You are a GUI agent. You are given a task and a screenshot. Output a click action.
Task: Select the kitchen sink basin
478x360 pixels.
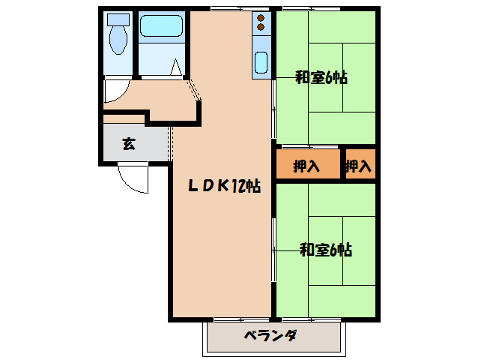click(x=261, y=61)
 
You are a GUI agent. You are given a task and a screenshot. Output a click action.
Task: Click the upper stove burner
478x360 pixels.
click(x=261, y=18)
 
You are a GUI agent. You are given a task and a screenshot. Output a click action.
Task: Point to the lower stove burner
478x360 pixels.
click(x=261, y=28)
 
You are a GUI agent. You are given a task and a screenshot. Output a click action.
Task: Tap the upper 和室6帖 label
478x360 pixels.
click(x=321, y=78)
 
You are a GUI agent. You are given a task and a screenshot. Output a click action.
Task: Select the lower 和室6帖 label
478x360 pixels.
click(x=326, y=250)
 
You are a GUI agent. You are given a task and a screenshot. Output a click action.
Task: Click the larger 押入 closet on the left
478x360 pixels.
click(x=306, y=166)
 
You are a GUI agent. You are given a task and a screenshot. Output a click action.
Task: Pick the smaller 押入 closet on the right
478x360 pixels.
click(x=359, y=166)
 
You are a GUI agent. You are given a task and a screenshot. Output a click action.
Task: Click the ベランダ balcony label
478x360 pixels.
click(x=270, y=336)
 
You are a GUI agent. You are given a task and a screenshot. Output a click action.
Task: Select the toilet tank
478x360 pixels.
click(x=118, y=19)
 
